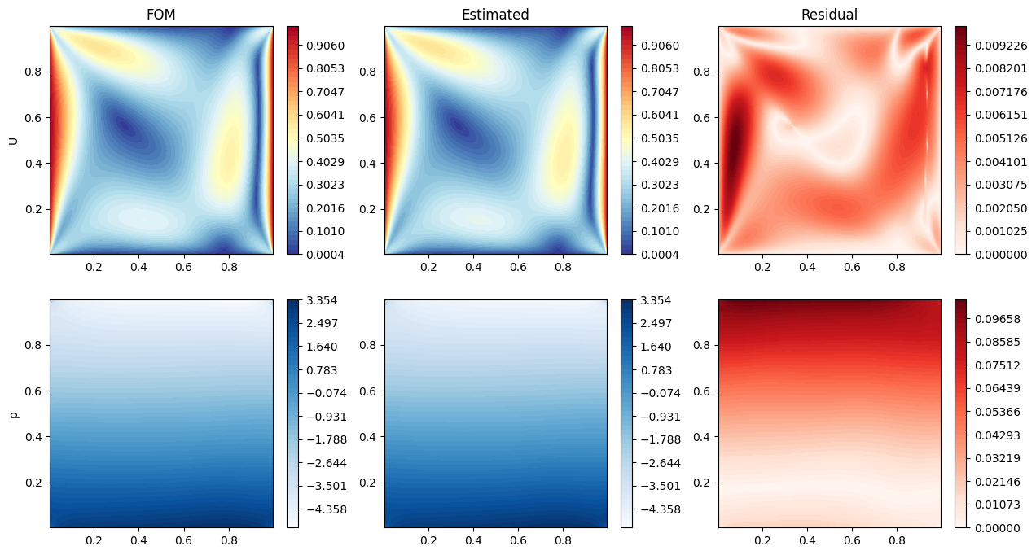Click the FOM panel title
[160, 15]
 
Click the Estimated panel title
[495, 15]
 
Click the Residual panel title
[829, 15]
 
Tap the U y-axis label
[14, 140]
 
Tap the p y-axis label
[14, 414]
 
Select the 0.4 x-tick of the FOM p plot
[138, 540]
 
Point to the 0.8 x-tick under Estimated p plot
[562, 540]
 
